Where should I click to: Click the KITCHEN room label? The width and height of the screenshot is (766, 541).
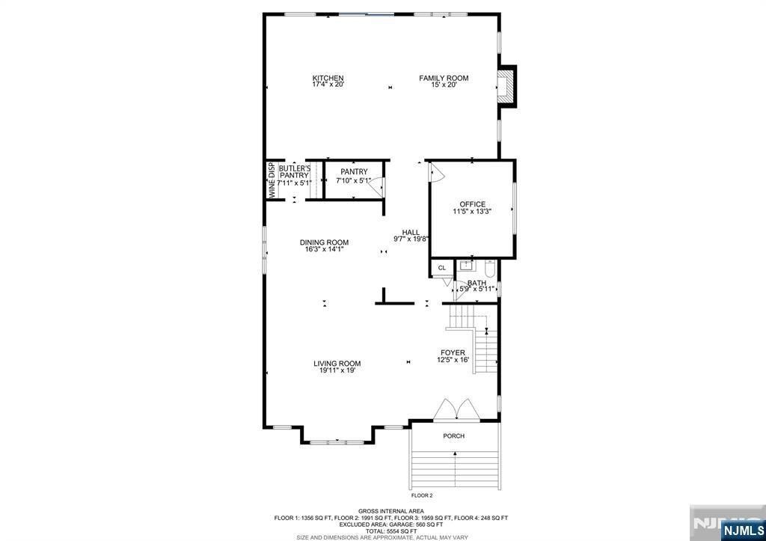pyautogui.click(x=328, y=78)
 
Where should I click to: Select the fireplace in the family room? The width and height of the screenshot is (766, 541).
pyautogui.click(x=507, y=85)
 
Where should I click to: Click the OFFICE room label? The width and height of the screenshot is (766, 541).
pyautogui.click(x=472, y=204)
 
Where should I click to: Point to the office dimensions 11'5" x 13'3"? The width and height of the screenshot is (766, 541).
pyautogui.click(x=472, y=212)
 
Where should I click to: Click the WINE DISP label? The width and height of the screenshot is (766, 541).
pyautogui.click(x=272, y=180)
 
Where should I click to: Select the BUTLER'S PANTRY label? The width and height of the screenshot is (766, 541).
pyautogui.click(x=294, y=174)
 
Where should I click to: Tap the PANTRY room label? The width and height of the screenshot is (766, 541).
pyautogui.click(x=353, y=172)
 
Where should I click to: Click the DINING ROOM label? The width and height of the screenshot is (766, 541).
pyautogui.click(x=324, y=242)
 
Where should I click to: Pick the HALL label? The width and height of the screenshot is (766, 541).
pyautogui.click(x=411, y=232)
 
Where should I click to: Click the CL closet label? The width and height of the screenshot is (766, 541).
pyautogui.click(x=441, y=267)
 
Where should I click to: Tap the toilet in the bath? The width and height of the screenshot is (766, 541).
pyautogui.click(x=490, y=268)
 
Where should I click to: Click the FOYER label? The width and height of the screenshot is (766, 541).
pyautogui.click(x=453, y=352)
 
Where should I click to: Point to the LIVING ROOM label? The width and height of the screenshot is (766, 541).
pyautogui.click(x=337, y=364)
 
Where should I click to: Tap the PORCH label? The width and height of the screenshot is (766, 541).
pyautogui.click(x=453, y=436)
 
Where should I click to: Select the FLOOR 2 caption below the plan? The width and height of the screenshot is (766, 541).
pyautogui.click(x=422, y=495)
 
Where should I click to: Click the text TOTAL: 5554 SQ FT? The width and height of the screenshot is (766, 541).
pyautogui.click(x=391, y=531)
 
